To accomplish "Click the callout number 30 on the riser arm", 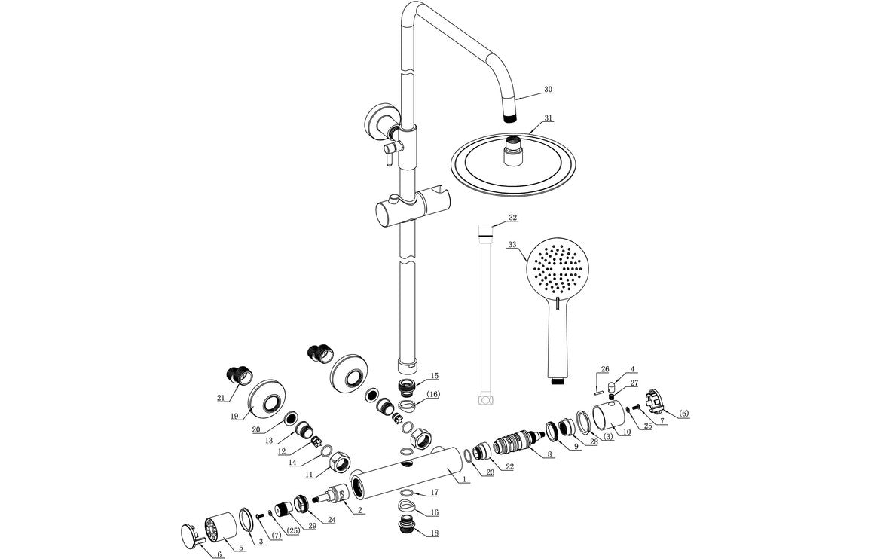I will pyautogui.click(x=548, y=89).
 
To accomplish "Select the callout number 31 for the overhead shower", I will pyautogui.click(x=548, y=118).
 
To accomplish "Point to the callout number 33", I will pyautogui.click(x=512, y=245).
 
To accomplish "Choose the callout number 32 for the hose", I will pyautogui.click(x=512, y=217).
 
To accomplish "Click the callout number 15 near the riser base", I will pyautogui.click(x=434, y=375).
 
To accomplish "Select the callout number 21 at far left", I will pyautogui.click(x=221, y=398).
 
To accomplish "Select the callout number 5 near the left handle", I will pyautogui.click(x=241, y=548).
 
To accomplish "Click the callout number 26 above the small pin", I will pyautogui.click(x=604, y=369).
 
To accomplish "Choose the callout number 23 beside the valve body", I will pyautogui.click(x=490, y=473).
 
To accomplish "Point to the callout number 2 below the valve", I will pyautogui.click(x=360, y=511).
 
